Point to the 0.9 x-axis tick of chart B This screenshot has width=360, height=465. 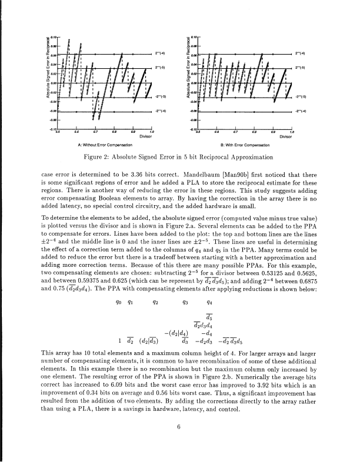(x=273, y=132)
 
